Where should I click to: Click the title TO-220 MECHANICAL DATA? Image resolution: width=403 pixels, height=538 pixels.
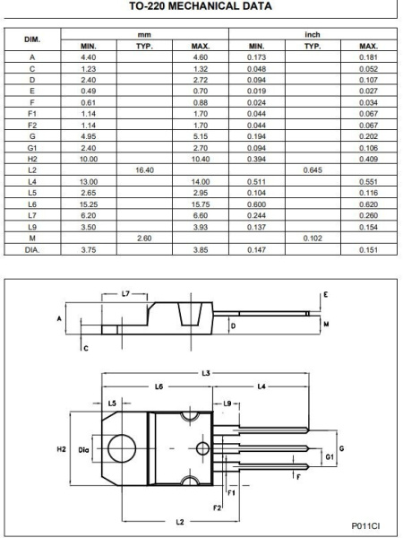pyautogui.click(x=201, y=9)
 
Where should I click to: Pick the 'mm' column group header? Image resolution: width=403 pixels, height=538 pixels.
pyautogui.click(x=145, y=33)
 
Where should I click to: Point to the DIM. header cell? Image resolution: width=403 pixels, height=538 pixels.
pyautogui.click(x=31, y=39)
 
